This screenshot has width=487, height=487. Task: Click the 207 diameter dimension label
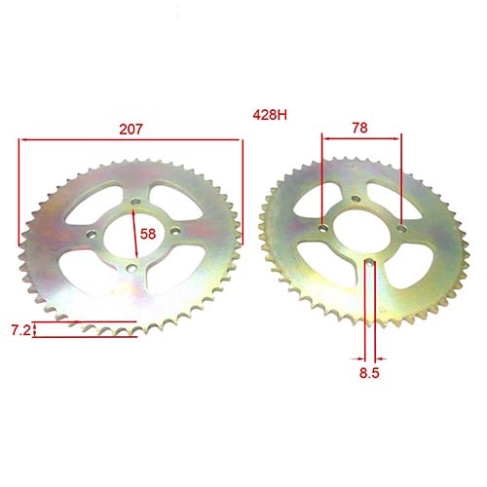(x=130, y=126)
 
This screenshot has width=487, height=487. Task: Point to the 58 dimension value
(x=148, y=234)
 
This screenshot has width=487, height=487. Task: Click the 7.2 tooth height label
(x=19, y=331)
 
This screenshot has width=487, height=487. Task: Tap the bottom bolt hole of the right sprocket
(x=367, y=263)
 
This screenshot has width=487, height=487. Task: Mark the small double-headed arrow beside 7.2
(x=36, y=331)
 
